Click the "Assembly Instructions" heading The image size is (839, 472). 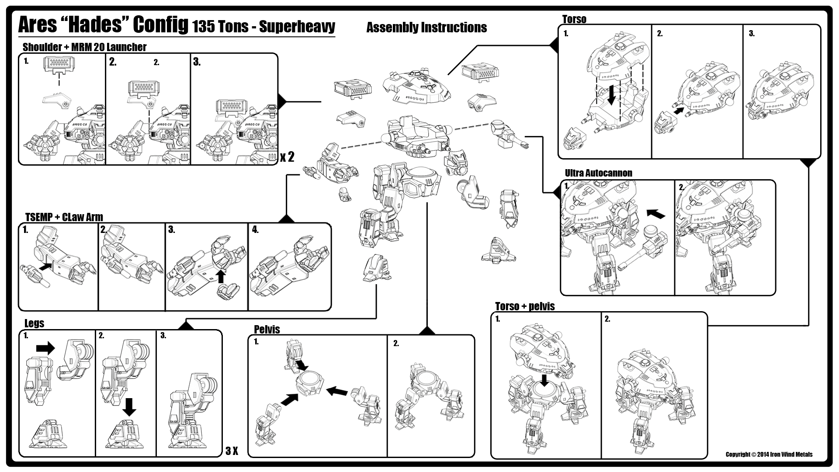click(426, 28)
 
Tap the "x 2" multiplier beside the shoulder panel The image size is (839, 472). click(287, 156)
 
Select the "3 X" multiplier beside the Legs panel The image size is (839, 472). click(232, 451)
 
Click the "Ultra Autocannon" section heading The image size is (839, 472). click(598, 173)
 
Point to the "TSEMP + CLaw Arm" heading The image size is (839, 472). click(64, 217)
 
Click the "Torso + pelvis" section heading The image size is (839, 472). click(524, 306)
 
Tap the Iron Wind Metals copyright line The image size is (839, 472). click(769, 455)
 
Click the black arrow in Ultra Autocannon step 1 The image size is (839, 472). click(655, 213)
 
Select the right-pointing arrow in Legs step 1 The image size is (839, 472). click(45, 348)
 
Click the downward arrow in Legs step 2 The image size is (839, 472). click(129, 406)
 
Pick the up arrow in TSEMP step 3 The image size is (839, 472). click(221, 276)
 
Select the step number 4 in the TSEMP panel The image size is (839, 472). click(255, 230)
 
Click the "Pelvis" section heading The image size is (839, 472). click(267, 330)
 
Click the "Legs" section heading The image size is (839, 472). click(34, 323)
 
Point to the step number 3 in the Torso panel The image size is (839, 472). click(752, 34)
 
